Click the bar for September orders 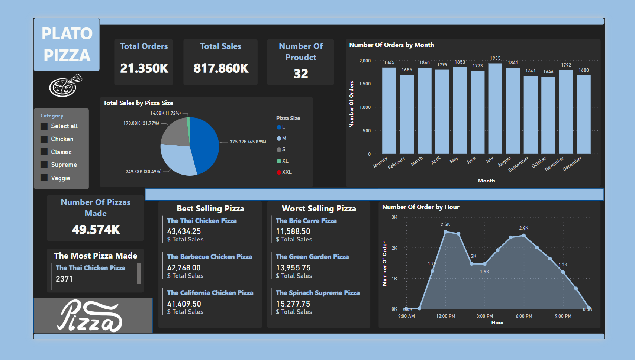[x=531, y=115]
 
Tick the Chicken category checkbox [x=44, y=139]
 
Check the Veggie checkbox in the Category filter [x=44, y=178]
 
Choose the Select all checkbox [x=44, y=126]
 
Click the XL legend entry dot [x=279, y=161]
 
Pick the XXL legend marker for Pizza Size [x=279, y=172]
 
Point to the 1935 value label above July [x=495, y=58]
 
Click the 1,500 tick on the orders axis [x=365, y=84]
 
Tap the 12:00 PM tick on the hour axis [x=445, y=316]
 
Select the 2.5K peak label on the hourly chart [x=445, y=224]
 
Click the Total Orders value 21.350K [x=144, y=68]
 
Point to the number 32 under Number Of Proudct [x=301, y=74]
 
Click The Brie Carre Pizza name [x=306, y=221]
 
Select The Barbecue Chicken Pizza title [x=209, y=257]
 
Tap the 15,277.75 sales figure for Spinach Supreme [x=293, y=304]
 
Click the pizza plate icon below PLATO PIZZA [x=66, y=85]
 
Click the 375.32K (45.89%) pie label [x=248, y=142]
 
